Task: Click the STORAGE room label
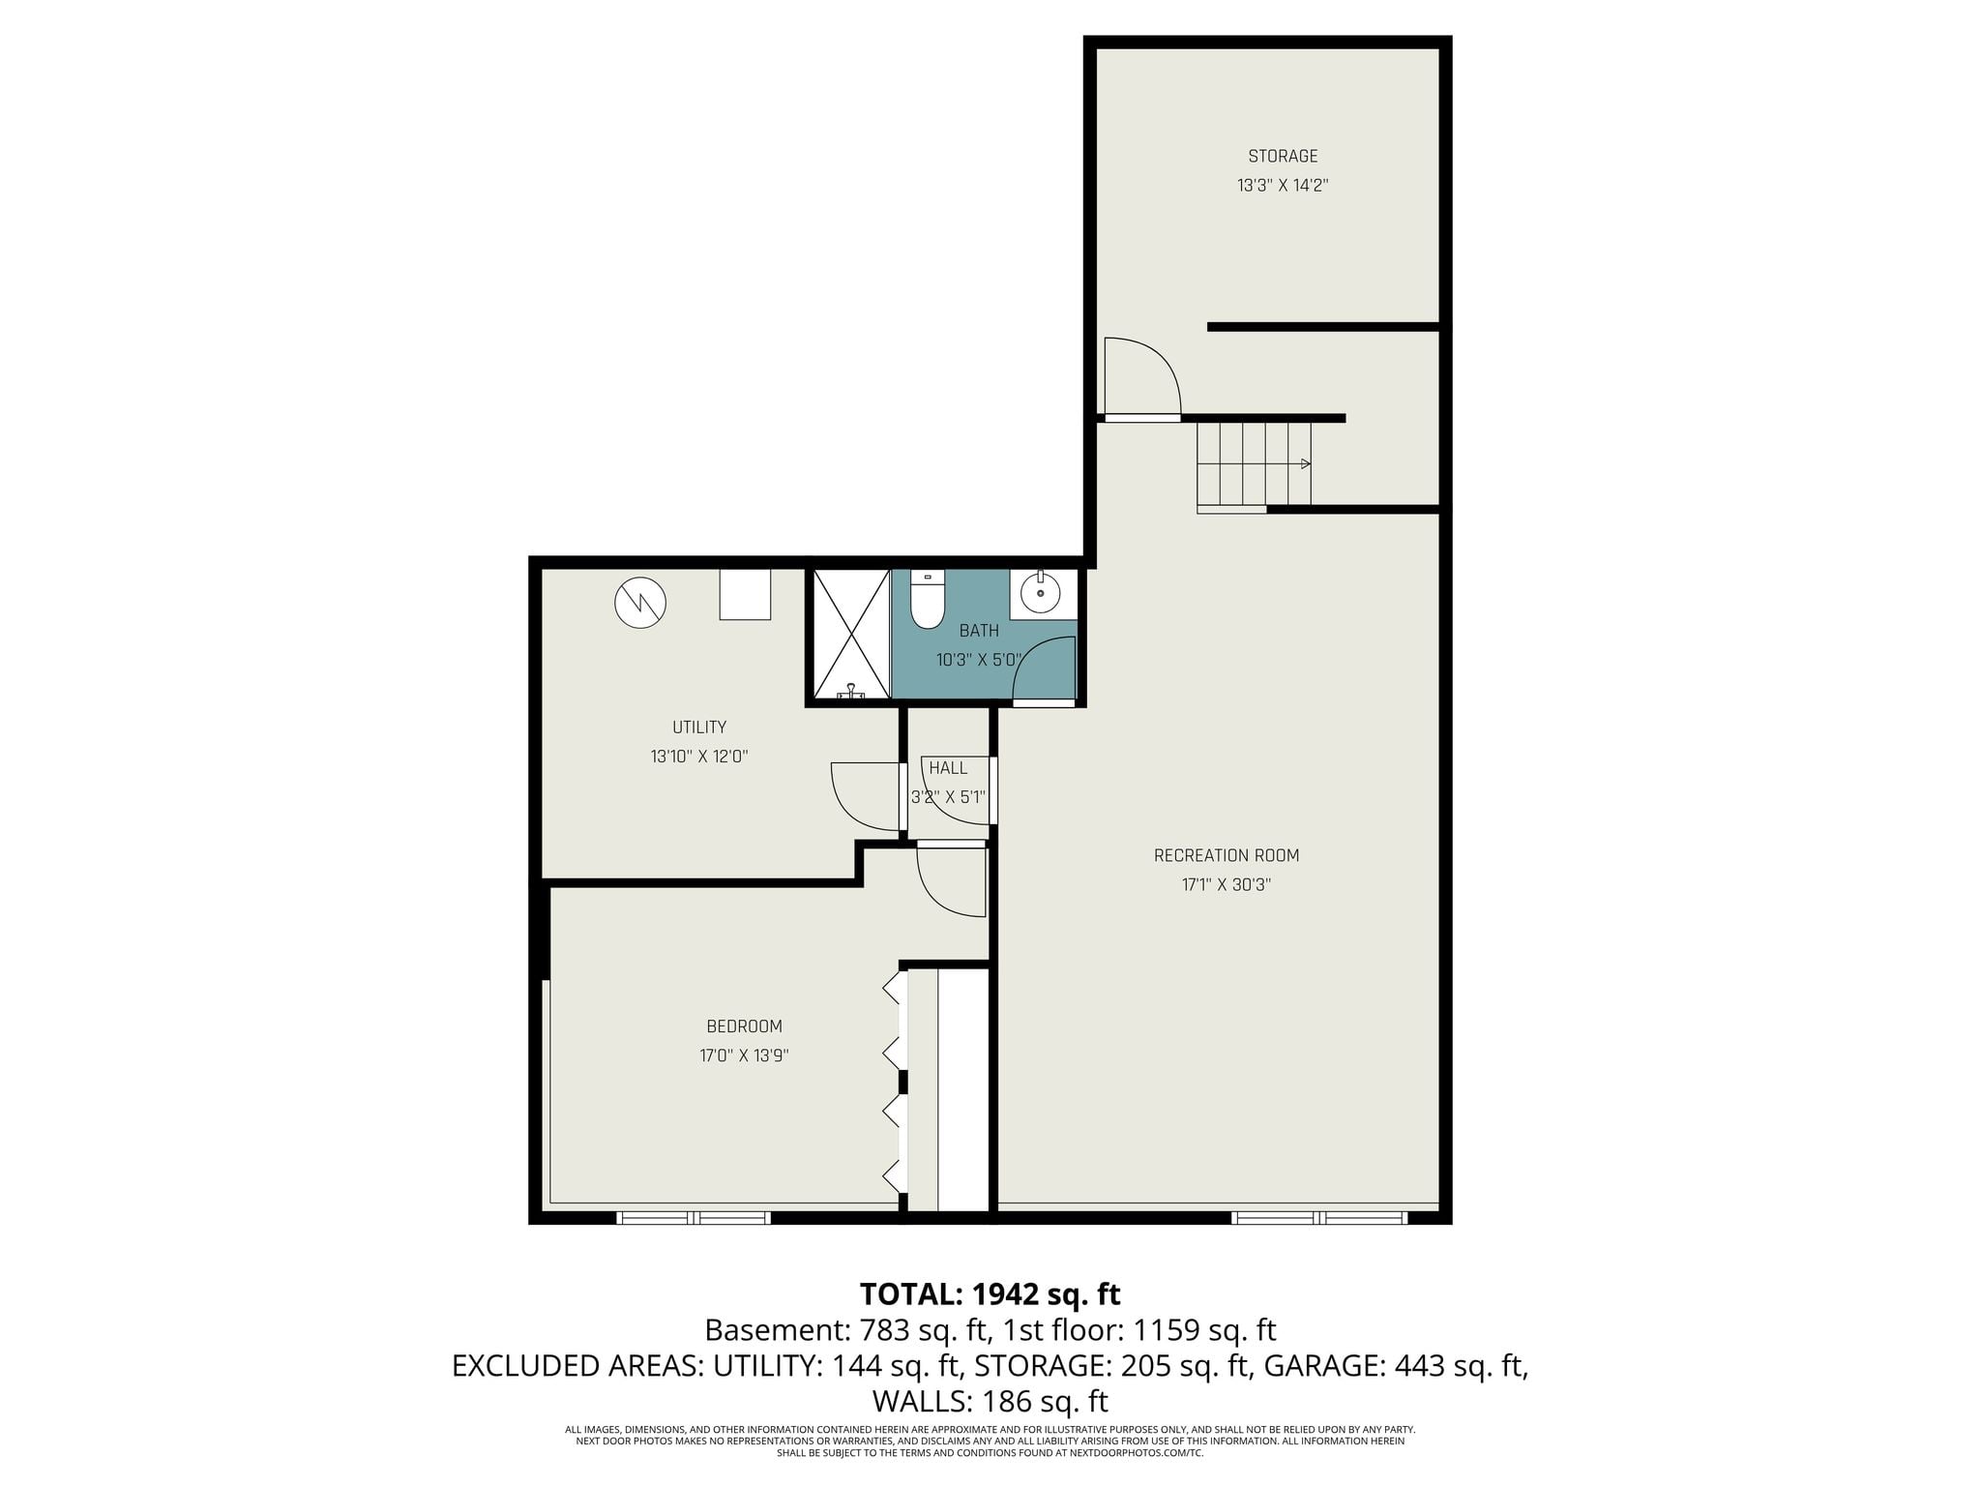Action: [1283, 156]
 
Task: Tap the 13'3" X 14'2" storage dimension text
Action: [1283, 185]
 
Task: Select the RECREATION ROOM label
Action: [1227, 855]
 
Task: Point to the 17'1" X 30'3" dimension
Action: [1227, 884]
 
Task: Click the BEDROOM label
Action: [744, 1026]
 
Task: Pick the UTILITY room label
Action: [699, 728]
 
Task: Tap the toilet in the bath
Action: [928, 599]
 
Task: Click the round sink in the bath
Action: [1041, 593]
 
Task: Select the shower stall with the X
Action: [851, 634]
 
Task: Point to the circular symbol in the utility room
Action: [640, 602]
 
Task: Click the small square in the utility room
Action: [745, 594]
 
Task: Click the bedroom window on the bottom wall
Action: [694, 1217]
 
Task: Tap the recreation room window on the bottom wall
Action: [1319, 1217]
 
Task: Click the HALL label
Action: [948, 768]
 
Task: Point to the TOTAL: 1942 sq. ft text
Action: [990, 1293]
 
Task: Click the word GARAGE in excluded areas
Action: [1322, 1366]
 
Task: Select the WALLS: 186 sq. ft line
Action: [990, 1402]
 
